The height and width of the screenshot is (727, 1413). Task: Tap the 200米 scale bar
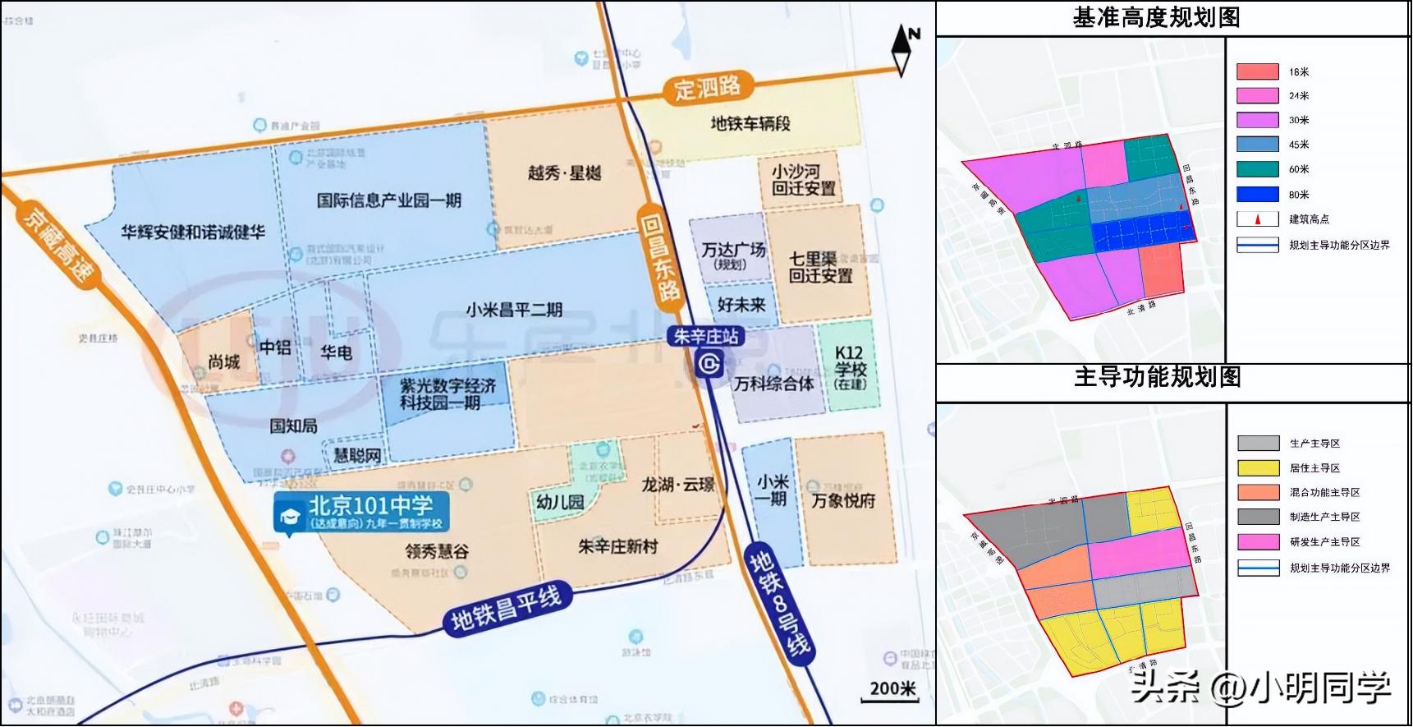click(892, 692)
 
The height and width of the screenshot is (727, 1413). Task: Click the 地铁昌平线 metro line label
click(506, 610)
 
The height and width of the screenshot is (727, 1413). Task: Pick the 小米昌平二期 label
click(514, 310)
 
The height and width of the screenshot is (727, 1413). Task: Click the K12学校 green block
click(850, 367)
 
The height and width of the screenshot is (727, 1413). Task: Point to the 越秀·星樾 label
click(564, 173)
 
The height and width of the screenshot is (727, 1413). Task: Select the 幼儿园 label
click(560, 502)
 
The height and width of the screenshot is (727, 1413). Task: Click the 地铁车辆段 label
click(750, 124)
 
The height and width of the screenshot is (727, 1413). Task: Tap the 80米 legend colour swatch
click(1257, 195)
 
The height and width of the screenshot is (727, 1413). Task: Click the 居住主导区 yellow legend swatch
click(1258, 468)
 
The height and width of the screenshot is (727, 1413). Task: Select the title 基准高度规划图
click(1156, 17)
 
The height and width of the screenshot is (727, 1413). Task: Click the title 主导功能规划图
click(1157, 377)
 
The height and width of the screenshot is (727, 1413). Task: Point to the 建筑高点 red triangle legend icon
click(1257, 219)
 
